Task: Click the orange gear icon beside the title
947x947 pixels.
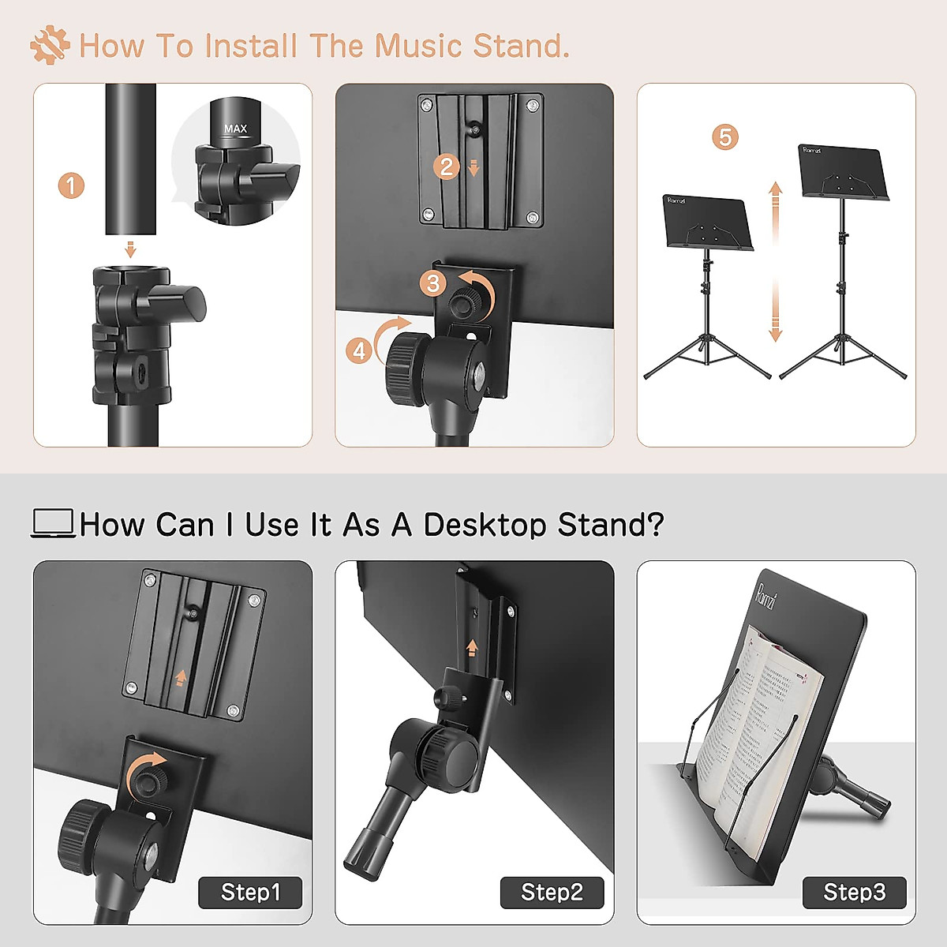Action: [50, 45]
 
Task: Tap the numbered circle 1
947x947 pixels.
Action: [71, 186]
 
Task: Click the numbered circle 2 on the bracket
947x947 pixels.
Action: [447, 167]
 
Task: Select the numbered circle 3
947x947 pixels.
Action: [432, 283]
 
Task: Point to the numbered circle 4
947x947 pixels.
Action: [359, 350]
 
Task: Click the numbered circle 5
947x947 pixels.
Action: [724, 137]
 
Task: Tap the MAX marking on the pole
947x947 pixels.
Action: [235, 129]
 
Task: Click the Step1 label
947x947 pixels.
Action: [250, 893]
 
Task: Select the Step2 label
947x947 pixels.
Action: [552, 893]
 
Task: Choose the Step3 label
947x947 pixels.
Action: [854, 893]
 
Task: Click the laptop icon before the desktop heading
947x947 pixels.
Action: [53, 523]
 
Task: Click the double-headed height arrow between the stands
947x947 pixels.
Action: [775, 261]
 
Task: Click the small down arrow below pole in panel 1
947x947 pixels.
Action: [131, 250]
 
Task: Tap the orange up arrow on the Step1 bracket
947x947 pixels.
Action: [181, 677]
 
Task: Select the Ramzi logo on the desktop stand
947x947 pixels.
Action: [767, 595]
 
